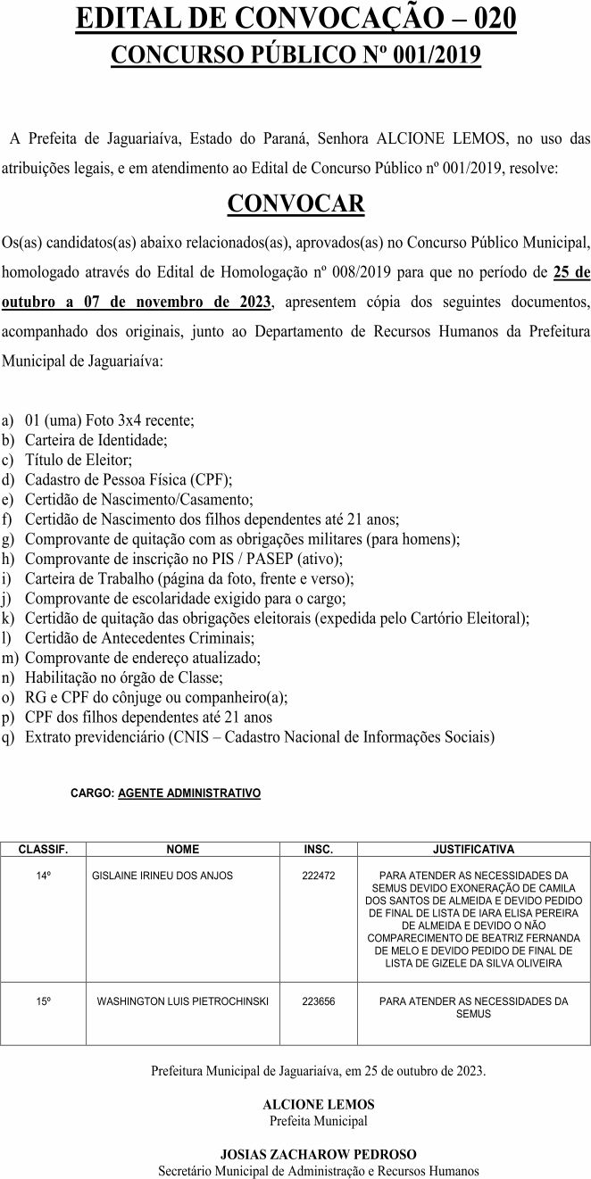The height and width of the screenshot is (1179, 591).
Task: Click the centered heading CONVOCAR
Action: (295, 203)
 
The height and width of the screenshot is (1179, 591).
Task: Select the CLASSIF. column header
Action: (43, 850)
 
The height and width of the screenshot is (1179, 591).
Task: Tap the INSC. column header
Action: (319, 850)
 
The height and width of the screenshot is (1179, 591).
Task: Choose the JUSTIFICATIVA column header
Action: (473, 850)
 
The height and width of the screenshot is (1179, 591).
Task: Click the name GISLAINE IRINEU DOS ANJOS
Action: (162, 876)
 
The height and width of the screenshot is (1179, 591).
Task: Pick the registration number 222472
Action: (319, 876)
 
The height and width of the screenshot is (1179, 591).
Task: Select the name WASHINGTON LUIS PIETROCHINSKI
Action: (183, 1001)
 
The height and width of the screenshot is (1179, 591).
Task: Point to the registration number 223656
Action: (319, 1001)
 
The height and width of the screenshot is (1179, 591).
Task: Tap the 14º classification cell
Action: (43, 876)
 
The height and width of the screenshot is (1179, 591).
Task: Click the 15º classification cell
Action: (43, 1001)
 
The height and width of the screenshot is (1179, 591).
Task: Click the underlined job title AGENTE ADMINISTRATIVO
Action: (189, 793)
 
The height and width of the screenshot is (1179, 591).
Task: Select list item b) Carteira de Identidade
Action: (96, 439)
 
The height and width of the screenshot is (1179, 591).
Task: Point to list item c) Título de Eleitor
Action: (79, 459)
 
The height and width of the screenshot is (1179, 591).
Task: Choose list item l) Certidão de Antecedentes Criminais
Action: (139, 638)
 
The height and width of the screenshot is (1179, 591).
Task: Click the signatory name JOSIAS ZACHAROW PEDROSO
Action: (318, 1154)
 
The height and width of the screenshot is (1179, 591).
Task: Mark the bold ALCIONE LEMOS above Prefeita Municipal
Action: (318, 1104)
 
